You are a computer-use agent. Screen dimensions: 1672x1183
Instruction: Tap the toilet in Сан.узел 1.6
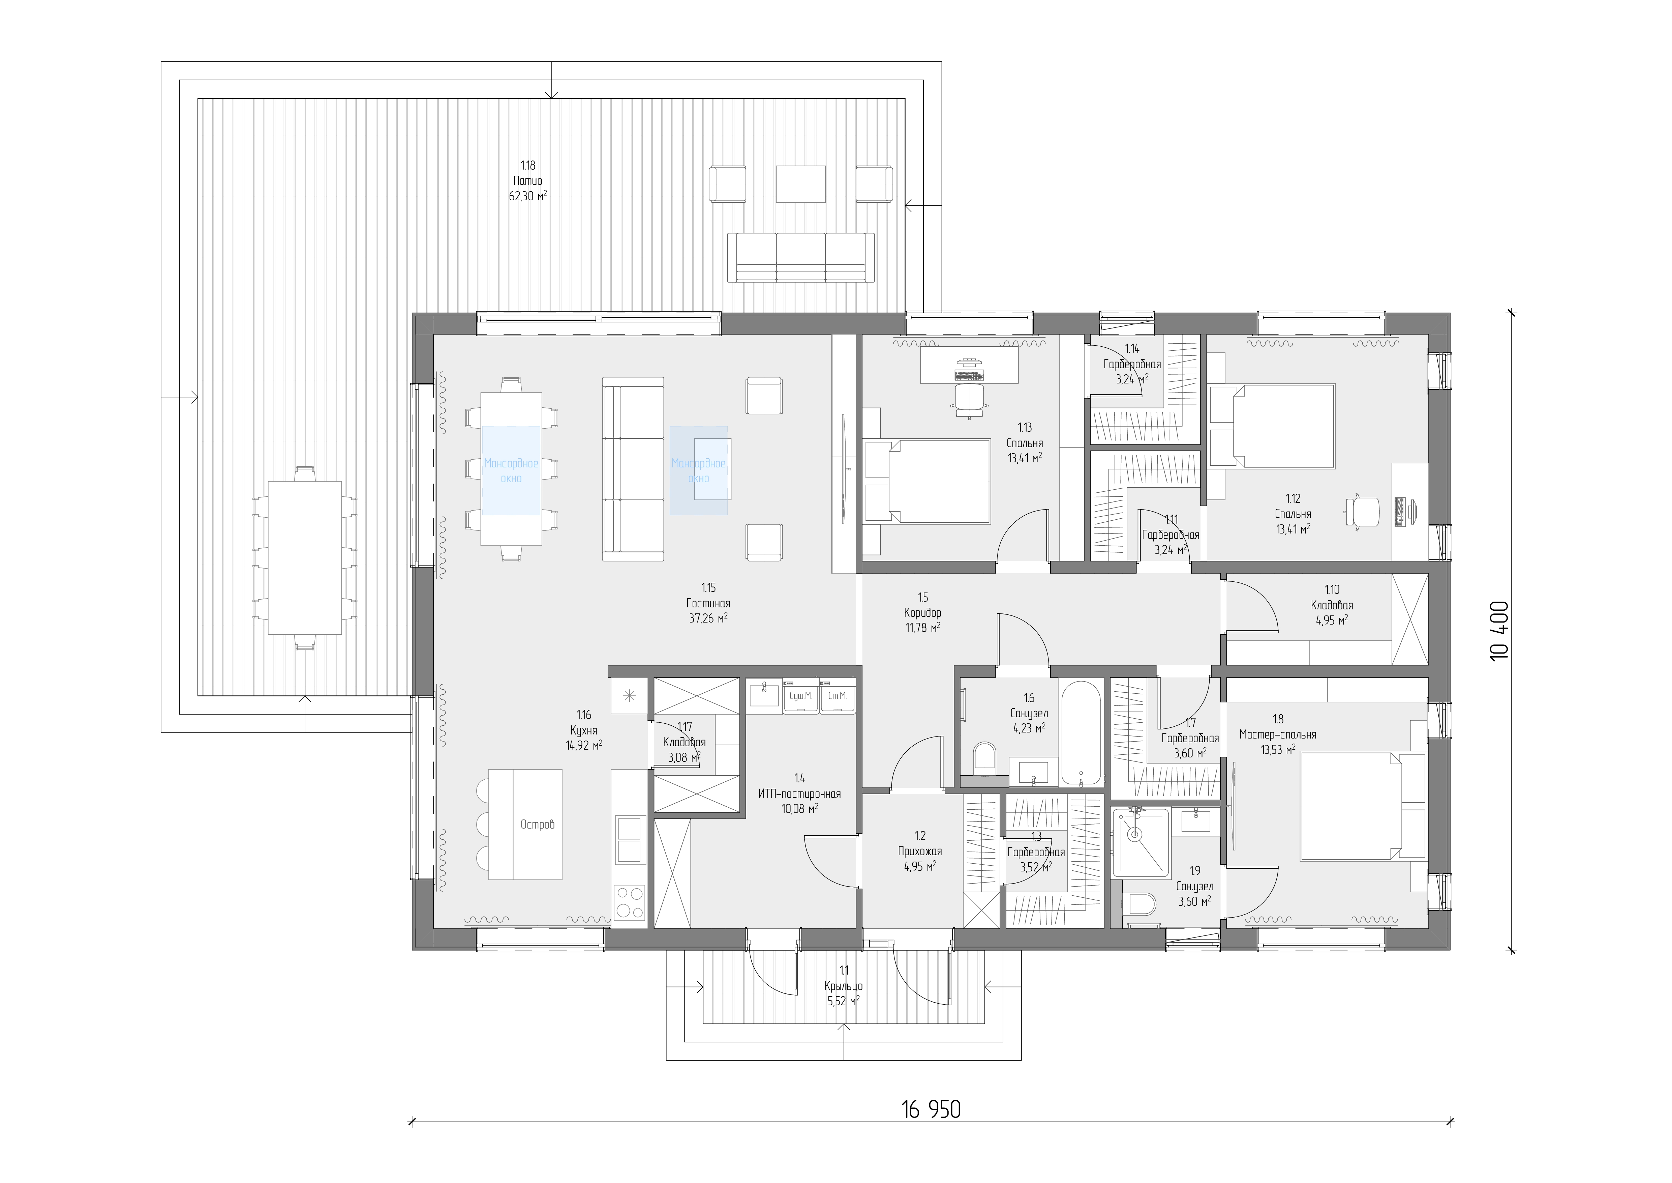(984, 758)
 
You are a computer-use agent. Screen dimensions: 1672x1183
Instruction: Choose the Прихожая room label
(920, 851)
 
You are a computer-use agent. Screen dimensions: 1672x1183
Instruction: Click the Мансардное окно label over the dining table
(511, 470)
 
